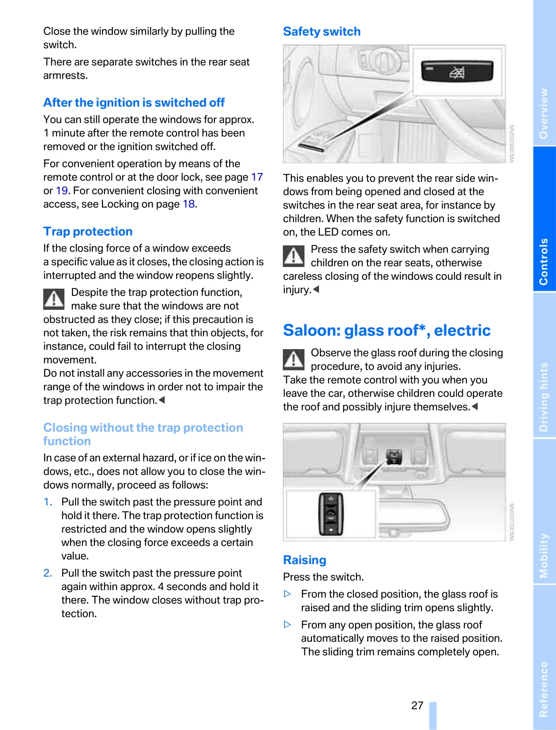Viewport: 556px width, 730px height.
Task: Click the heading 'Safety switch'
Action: [x=322, y=31]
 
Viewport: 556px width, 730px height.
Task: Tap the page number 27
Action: [x=417, y=705]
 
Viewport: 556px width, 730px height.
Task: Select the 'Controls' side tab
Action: [x=544, y=262]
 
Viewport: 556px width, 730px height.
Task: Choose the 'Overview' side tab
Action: [x=544, y=113]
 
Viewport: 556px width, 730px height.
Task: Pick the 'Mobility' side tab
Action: [x=544, y=555]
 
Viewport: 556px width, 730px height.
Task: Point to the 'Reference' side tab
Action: [x=544, y=689]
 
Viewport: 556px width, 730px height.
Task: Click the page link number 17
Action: [x=257, y=177]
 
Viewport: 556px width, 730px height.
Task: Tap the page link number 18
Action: [x=188, y=204]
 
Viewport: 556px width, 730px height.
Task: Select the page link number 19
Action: [x=61, y=191]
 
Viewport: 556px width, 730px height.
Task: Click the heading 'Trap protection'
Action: [x=88, y=231]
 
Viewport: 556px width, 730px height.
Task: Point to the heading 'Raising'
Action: [x=304, y=560]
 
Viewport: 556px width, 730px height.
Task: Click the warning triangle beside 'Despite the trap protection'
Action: [x=54, y=299]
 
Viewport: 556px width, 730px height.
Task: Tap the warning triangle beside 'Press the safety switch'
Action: [x=293, y=256]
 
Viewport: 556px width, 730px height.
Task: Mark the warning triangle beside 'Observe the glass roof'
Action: [x=293, y=359]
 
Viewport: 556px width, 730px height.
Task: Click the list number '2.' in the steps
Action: [x=48, y=573]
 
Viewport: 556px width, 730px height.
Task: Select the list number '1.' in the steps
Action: [x=48, y=502]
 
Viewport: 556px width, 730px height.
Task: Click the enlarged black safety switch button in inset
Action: [x=456, y=71]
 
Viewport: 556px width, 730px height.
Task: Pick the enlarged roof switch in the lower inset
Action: [x=331, y=514]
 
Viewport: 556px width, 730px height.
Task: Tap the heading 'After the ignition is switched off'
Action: [x=134, y=102]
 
